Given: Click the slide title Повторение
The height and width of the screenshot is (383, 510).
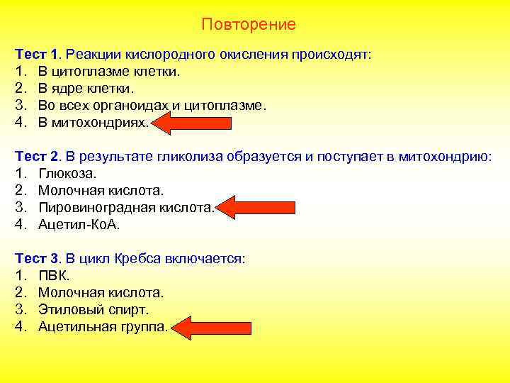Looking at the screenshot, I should (248, 25).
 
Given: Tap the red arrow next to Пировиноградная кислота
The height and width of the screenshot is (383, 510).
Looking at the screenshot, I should (249, 209).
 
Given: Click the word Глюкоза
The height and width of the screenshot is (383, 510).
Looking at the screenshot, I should (67, 174).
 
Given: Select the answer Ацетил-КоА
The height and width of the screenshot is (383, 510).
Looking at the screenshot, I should (79, 225).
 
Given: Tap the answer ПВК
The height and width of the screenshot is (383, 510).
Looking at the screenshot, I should (54, 276).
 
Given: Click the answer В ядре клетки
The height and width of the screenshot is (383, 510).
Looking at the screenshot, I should (85, 89).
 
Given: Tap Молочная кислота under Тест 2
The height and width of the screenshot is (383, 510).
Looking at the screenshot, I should (101, 191).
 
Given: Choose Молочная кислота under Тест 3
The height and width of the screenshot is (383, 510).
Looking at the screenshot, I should (101, 293).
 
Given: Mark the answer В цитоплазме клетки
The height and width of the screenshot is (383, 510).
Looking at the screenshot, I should (109, 72).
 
